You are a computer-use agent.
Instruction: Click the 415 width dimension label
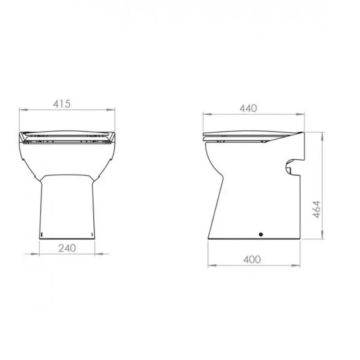(x=62, y=104)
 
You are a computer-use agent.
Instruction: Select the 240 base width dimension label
(x=67, y=248)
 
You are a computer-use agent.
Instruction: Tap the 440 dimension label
(x=248, y=108)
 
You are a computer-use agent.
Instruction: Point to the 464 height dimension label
(x=316, y=209)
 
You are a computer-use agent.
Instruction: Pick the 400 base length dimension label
(x=252, y=260)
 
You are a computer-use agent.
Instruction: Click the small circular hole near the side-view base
(x=261, y=234)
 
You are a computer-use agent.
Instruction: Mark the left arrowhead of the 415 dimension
(x=23, y=110)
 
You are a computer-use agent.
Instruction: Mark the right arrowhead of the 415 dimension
(x=111, y=110)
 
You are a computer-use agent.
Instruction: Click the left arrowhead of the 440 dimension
(x=207, y=114)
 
